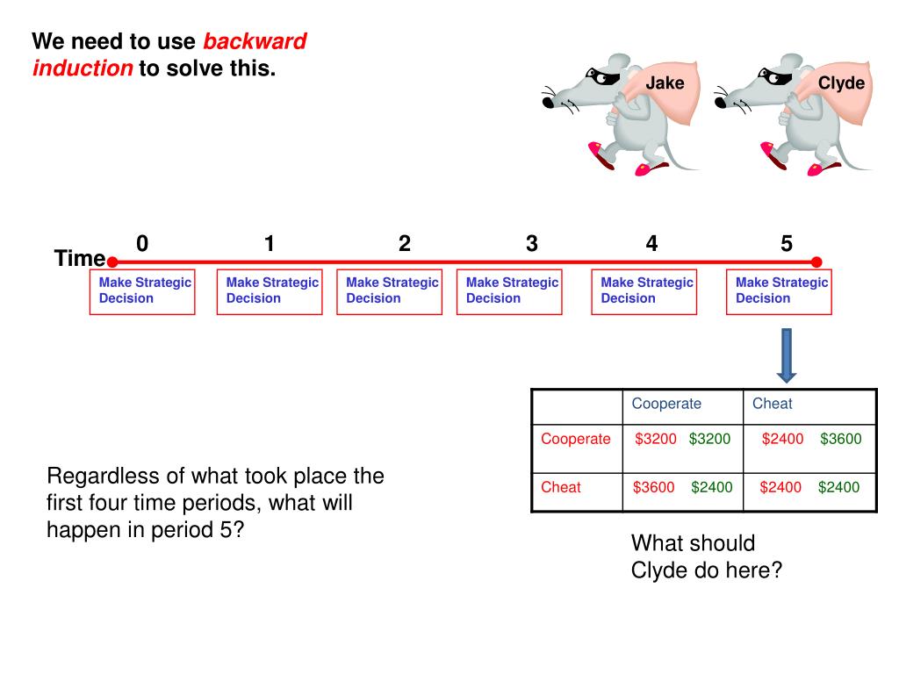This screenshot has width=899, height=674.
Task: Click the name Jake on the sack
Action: (x=665, y=83)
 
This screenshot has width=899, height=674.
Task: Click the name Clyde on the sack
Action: (x=841, y=83)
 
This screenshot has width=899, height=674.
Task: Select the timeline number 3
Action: (x=531, y=244)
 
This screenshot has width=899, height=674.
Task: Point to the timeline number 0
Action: (x=142, y=244)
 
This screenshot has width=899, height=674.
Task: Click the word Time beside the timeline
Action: (x=79, y=259)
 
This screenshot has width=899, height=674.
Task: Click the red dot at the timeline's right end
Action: (x=816, y=262)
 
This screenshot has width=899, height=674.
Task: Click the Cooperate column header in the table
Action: (x=666, y=404)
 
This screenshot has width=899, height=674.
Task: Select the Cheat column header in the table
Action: (x=772, y=404)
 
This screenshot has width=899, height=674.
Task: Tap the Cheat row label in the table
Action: (x=560, y=487)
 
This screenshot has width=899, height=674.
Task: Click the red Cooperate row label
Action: (x=575, y=439)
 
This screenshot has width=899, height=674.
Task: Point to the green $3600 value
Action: (x=840, y=439)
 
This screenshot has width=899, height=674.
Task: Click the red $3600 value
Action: (x=653, y=487)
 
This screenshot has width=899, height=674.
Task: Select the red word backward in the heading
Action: (x=255, y=41)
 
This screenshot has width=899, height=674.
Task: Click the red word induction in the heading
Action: (x=83, y=68)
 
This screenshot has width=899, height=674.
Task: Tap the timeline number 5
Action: (x=786, y=244)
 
